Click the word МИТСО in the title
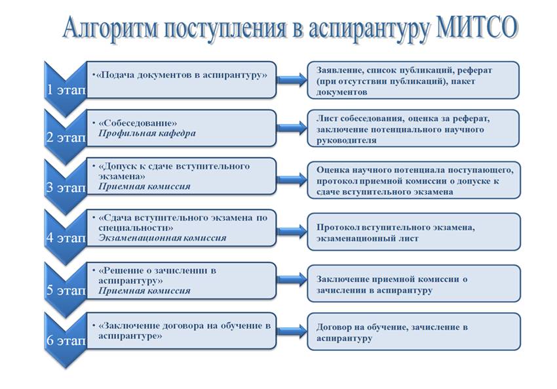click(x=476, y=28)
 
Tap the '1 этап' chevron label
click(x=66, y=90)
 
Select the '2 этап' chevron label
click(x=66, y=137)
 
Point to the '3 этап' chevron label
click(x=66, y=187)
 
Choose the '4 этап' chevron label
click(x=66, y=237)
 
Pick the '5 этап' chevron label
click(x=66, y=290)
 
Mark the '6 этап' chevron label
click(x=66, y=340)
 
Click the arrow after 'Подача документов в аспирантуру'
click(x=292, y=79)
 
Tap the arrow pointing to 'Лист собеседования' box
click(x=292, y=128)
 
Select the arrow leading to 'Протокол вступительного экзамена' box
click(x=292, y=231)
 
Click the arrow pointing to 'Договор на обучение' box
click(x=292, y=331)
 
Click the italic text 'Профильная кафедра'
click(x=147, y=133)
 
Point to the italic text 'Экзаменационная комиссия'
click(x=162, y=238)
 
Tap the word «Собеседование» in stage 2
click(x=138, y=123)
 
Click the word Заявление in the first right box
click(x=339, y=70)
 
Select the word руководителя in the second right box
click(x=347, y=140)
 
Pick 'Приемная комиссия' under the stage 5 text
click(x=144, y=291)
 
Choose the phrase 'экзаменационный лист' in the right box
click(x=368, y=238)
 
